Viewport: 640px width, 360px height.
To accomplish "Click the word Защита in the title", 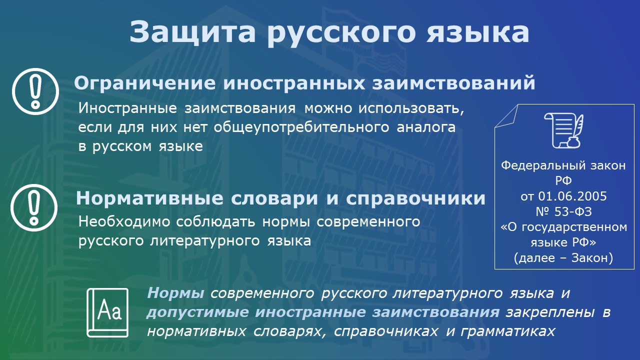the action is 192,32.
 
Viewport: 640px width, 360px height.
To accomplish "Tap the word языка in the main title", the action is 477,32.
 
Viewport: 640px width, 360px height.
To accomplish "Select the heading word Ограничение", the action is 145,83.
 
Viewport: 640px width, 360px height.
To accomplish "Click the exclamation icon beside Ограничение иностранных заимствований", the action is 35,91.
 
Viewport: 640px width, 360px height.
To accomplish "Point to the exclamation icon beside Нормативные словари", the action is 34,207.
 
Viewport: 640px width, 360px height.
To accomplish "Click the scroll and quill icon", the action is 563,130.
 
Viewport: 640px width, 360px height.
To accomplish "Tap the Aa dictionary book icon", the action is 107,312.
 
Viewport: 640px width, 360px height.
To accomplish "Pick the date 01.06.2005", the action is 572,196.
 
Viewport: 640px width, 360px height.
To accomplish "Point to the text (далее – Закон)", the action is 563,258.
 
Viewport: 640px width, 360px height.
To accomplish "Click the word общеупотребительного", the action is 301,127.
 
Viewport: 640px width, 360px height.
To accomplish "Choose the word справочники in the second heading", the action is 415,198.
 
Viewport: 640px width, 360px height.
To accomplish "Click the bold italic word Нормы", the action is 175,293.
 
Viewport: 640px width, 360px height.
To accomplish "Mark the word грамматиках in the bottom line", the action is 507,331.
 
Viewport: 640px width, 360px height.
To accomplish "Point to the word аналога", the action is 426,127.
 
